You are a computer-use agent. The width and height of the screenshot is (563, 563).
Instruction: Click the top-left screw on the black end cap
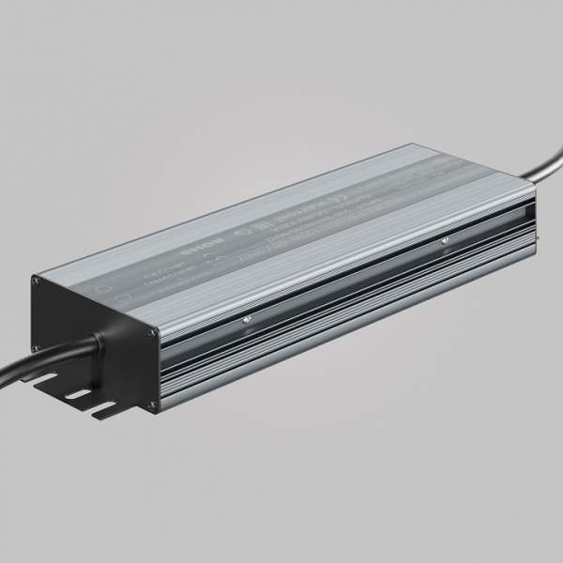(37, 279)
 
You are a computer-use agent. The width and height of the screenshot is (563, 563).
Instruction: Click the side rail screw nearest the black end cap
(247, 318)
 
